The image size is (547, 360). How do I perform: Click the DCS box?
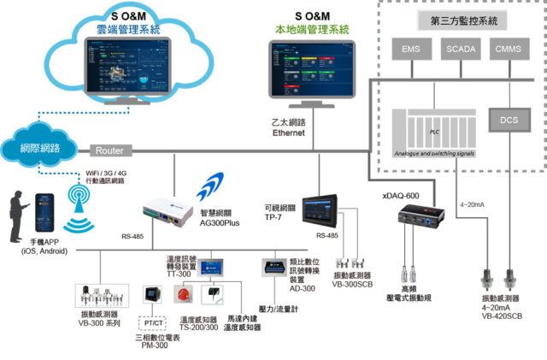tap(510, 121)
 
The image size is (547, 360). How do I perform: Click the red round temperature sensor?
tap(182, 295)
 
